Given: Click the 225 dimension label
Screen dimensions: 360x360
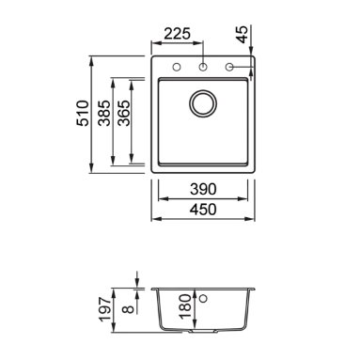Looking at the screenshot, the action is coord(177,34).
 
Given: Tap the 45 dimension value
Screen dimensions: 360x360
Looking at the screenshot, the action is coord(243,35).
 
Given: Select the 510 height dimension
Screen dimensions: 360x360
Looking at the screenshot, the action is coord(83,113).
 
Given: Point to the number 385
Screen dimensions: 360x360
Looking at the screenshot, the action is coord(104,113).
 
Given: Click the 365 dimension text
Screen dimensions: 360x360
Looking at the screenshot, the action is coord(123,113).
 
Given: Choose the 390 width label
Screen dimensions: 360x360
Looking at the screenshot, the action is coord(203,189).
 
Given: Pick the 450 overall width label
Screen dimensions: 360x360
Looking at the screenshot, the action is coord(203,210).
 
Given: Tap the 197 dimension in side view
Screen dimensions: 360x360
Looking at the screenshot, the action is coord(105,309).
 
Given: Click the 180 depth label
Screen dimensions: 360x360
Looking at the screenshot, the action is coord(185,306).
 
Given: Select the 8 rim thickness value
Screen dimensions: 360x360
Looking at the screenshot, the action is coord(129,309).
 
